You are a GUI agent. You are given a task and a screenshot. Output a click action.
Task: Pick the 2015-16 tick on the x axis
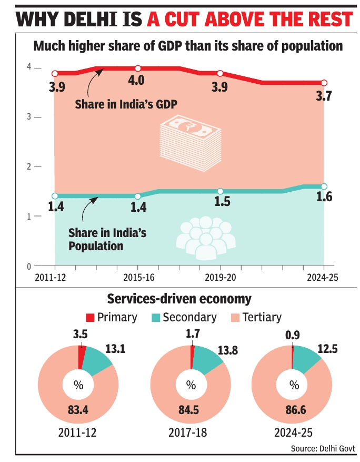tap(138, 277)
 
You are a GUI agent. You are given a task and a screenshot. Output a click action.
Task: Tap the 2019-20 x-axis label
tap(221, 277)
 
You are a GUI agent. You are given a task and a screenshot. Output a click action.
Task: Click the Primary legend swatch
tap(90, 318)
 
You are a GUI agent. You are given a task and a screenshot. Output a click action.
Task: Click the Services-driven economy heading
tap(179, 299)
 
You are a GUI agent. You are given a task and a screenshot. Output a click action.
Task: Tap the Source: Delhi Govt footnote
tap(323, 448)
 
